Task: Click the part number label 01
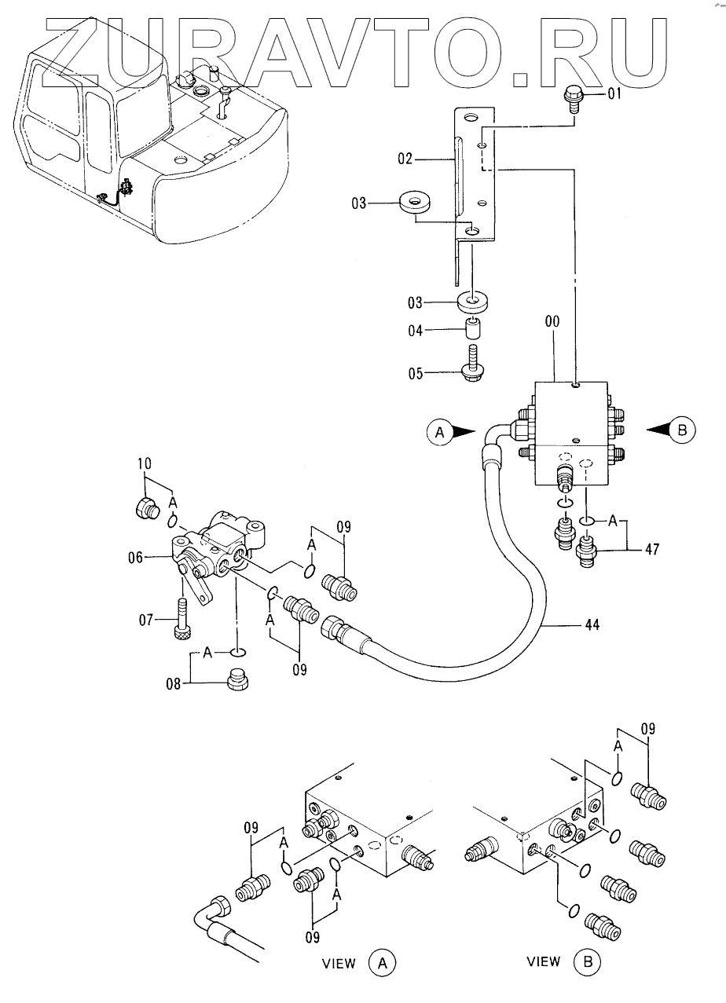[614, 94]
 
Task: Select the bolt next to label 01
[571, 101]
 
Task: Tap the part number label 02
[405, 159]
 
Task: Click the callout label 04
[415, 331]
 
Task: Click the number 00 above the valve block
[552, 322]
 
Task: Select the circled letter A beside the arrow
[440, 432]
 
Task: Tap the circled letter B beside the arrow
[683, 430]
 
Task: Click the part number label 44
[592, 624]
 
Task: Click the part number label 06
[135, 558]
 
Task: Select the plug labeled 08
[237, 681]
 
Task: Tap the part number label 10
[145, 463]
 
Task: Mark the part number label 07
[146, 620]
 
